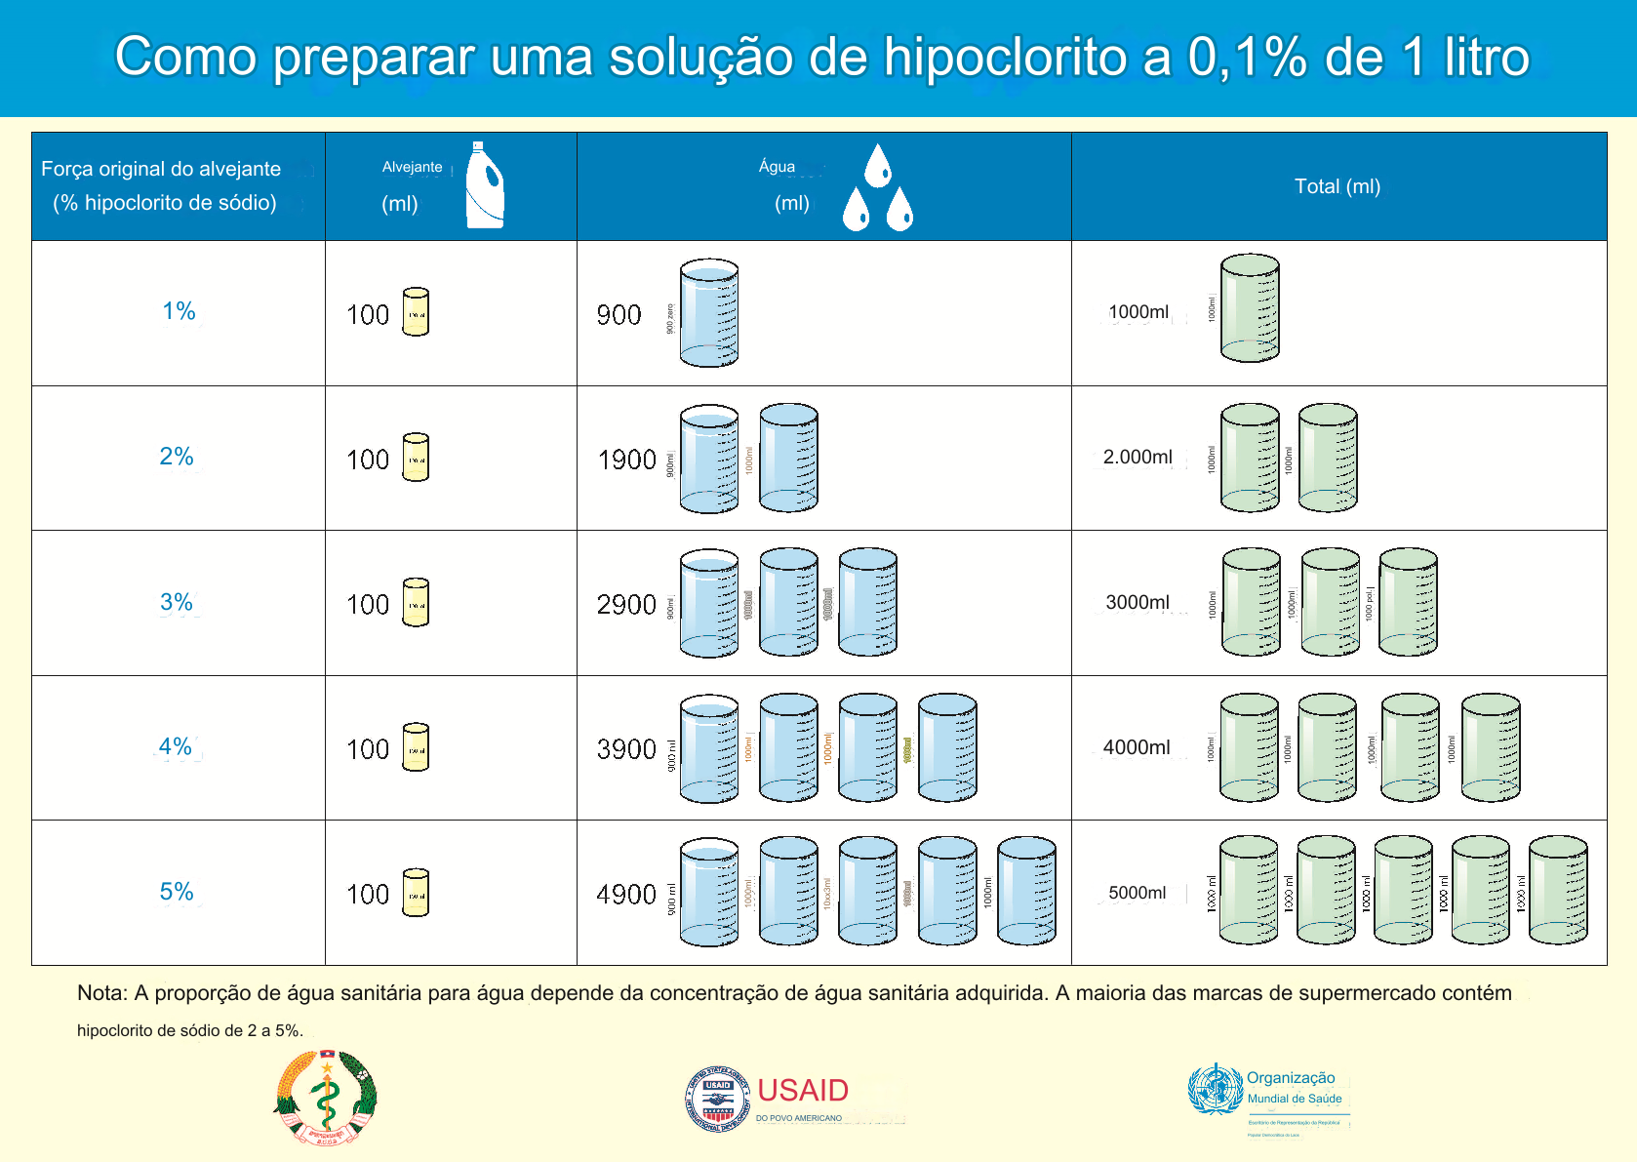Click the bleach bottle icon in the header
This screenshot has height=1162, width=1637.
[x=484, y=185]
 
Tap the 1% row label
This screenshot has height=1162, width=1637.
[x=179, y=311]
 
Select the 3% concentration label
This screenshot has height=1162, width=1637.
[x=177, y=602]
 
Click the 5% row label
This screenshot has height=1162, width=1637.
[x=177, y=892]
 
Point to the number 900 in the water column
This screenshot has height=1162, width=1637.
[x=619, y=315]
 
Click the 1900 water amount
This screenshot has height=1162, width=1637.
[x=626, y=460]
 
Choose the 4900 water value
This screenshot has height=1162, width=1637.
[x=626, y=895]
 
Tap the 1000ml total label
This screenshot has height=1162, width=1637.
[x=1138, y=312]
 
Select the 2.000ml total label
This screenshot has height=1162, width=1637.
[x=1138, y=457]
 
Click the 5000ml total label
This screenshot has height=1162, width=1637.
[x=1137, y=893]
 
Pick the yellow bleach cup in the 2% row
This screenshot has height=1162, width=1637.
[x=416, y=458]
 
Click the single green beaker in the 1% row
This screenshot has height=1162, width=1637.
[x=1250, y=308]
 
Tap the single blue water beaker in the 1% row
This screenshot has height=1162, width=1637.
[x=709, y=313]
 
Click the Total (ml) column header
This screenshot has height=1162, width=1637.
[x=1337, y=186]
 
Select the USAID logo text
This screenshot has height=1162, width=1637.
[x=803, y=1091]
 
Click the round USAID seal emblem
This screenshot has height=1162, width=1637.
[x=718, y=1099]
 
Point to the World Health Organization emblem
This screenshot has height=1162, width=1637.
[x=1215, y=1090]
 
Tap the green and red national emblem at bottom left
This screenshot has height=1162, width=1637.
[x=326, y=1098]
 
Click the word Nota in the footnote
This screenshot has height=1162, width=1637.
[x=101, y=993]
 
